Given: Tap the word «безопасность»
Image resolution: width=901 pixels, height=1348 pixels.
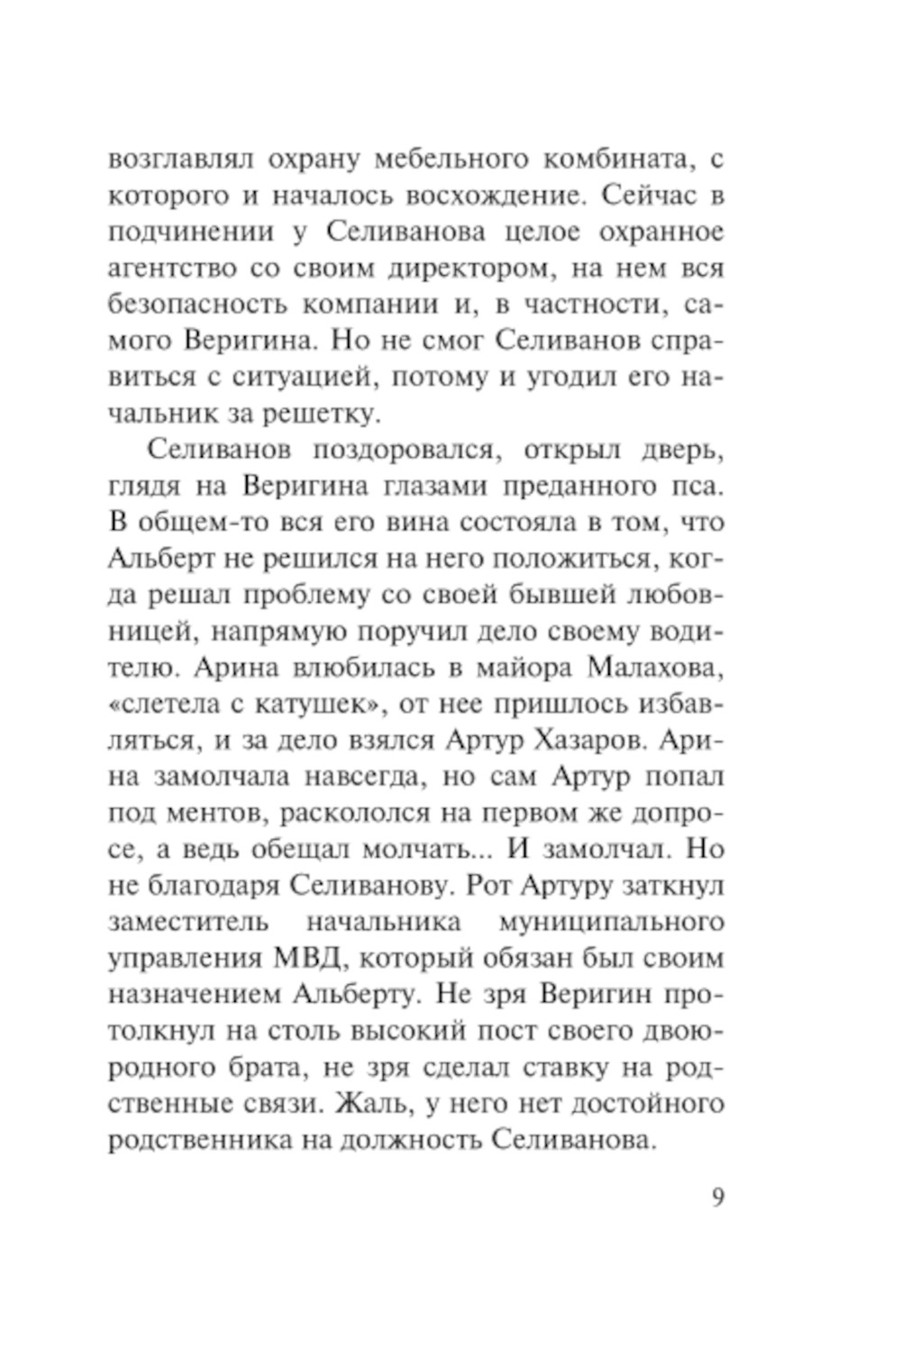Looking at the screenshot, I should click(x=193, y=305).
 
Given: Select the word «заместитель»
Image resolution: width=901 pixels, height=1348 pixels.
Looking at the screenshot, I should click(x=187, y=923).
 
